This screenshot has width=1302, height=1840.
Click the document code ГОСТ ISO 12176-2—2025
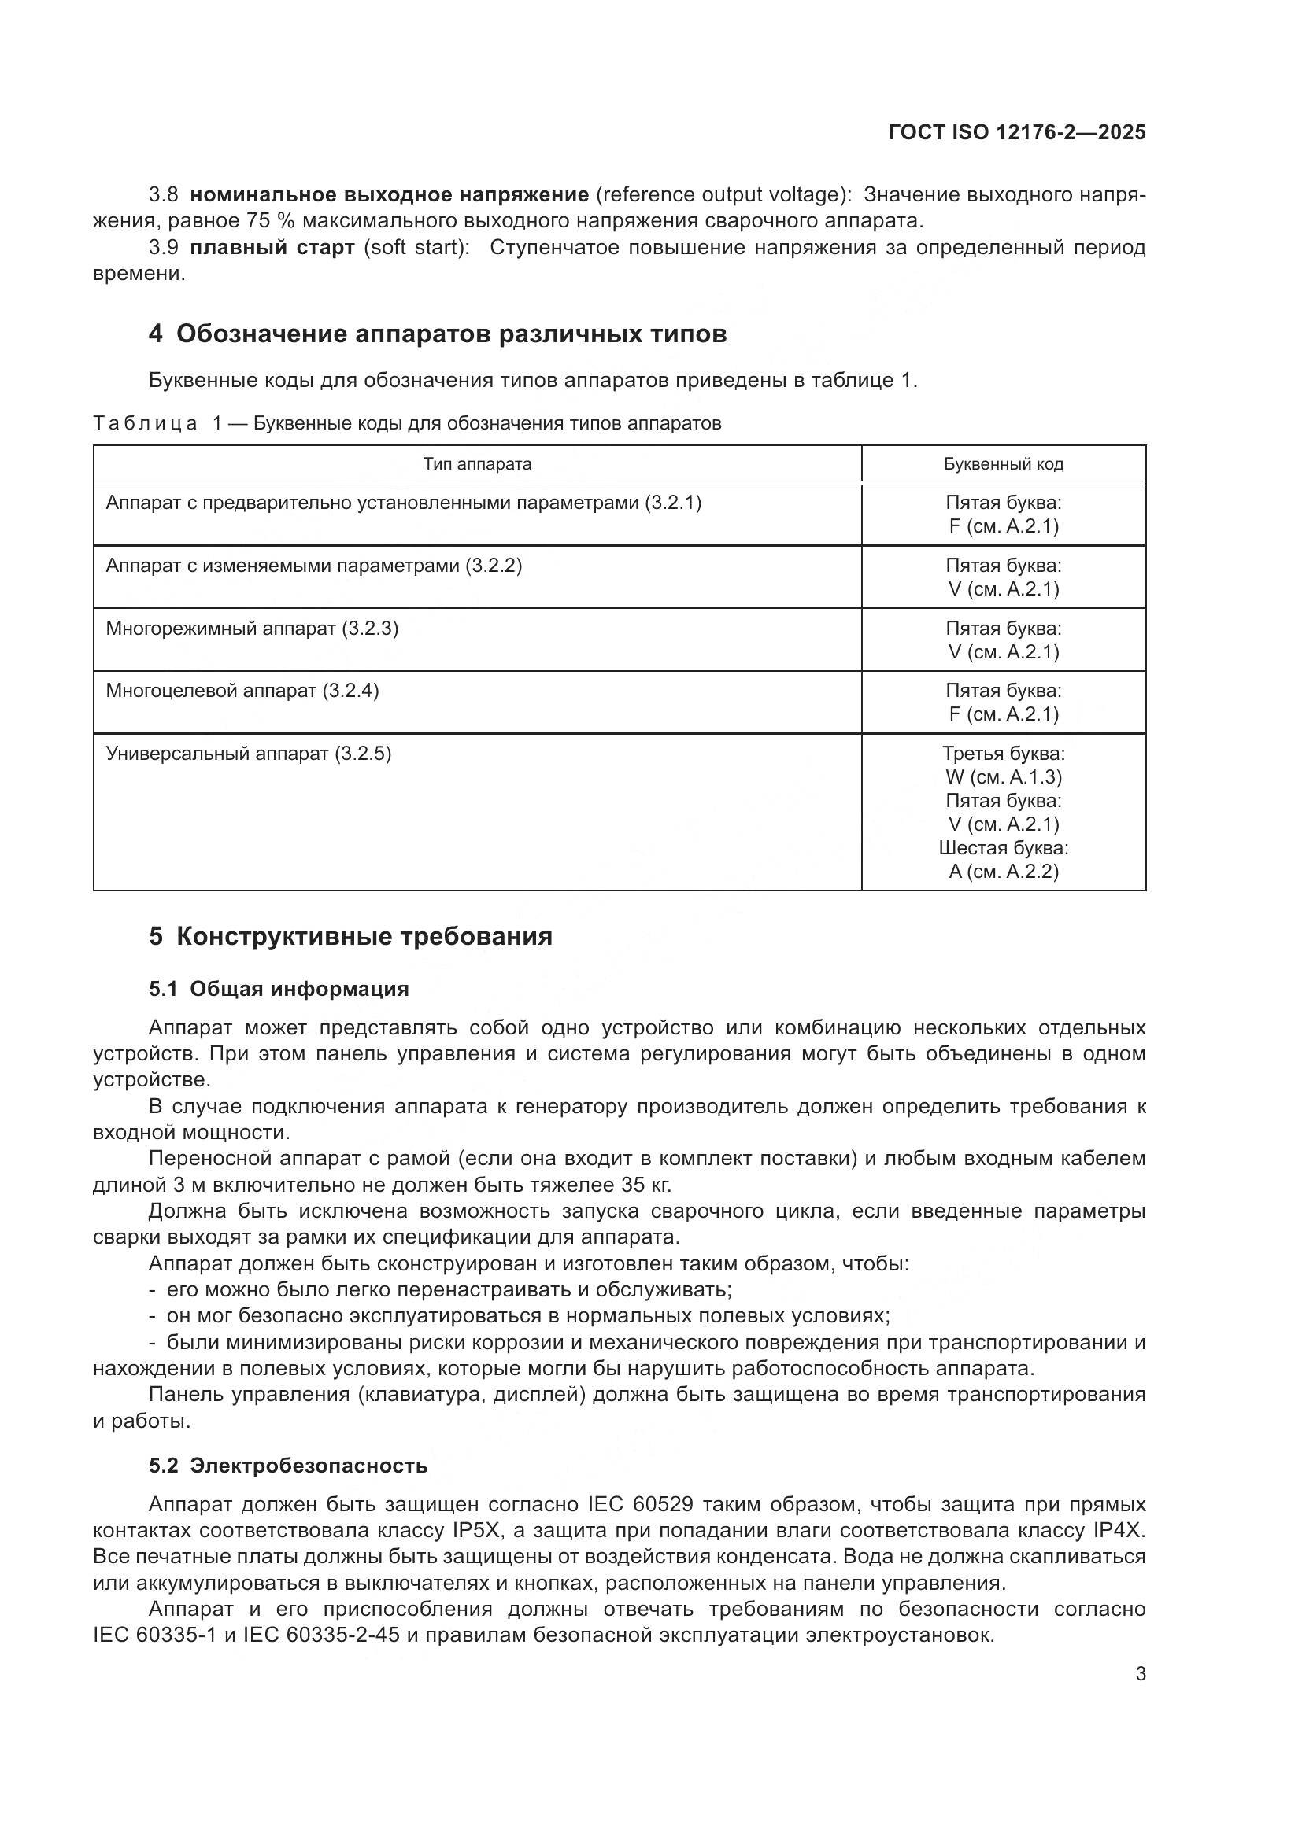point(1016,133)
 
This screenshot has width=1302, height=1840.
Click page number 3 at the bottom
point(1140,1673)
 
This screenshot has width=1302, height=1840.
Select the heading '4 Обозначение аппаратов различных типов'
point(437,334)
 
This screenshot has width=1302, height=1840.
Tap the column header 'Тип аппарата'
point(477,464)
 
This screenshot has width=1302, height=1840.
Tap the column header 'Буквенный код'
point(1003,464)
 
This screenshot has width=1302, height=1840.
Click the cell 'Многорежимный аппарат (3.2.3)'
point(252,629)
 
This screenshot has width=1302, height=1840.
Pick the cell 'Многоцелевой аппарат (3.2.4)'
point(242,691)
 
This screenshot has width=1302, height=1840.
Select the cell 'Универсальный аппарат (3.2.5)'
point(249,754)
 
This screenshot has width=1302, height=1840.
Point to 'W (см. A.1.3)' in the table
point(1003,776)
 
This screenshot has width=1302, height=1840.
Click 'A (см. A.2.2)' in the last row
point(1003,871)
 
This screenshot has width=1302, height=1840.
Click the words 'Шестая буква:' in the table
point(1003,848)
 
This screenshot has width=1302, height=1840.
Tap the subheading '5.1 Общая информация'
point(278,989)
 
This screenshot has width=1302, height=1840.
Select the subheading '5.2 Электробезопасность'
point(288,1466)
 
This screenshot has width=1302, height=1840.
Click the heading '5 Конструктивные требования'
point(350,936)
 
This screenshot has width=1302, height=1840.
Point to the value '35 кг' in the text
point(645,1185)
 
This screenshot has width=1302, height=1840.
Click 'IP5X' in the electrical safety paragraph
point(477,1531)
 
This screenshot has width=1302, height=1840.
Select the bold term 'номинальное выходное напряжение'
point(390,195)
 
